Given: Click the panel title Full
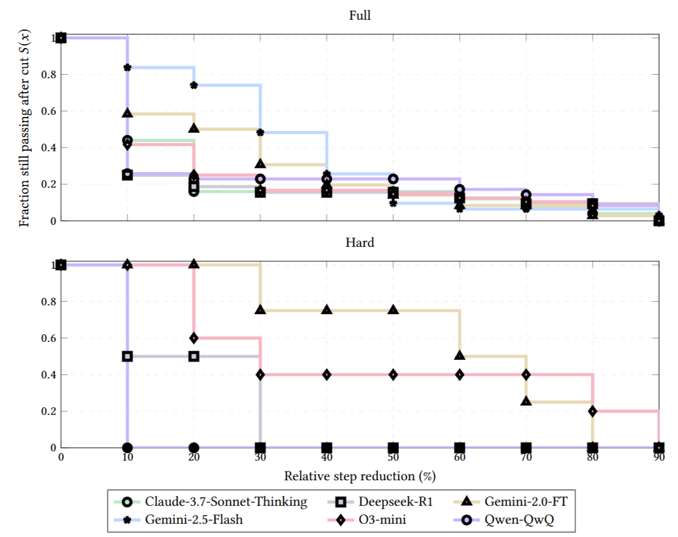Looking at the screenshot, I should coord(360,16).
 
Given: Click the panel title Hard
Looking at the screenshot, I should coord(360,242).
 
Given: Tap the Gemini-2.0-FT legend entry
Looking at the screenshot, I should coord(512,502).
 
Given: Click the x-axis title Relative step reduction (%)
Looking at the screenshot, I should coord(360,476).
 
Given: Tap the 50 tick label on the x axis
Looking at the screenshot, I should coord(393,458).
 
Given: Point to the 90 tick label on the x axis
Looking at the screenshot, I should coord(658,458).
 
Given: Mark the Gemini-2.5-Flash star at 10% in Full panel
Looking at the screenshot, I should coord(127,67).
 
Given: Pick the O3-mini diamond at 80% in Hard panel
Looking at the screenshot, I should coord(592,411).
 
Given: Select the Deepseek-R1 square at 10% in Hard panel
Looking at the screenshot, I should coord(127,356).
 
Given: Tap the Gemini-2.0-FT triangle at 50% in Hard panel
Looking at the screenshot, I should coord(393,310).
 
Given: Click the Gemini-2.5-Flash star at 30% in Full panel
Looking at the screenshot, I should coord(260,133).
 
